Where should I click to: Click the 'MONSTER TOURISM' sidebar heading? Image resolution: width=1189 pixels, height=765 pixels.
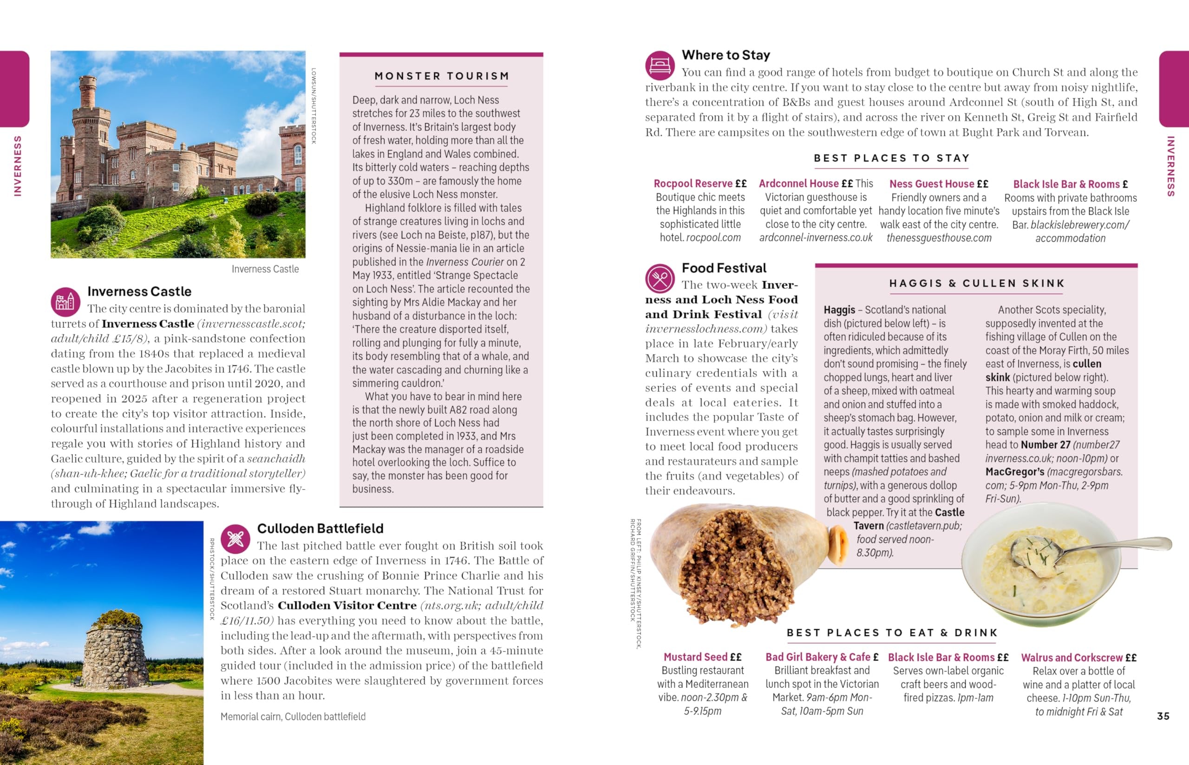[441, 76]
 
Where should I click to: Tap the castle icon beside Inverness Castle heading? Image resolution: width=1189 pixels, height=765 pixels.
[65, 302]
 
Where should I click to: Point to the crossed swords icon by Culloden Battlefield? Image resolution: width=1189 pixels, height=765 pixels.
[235, 539]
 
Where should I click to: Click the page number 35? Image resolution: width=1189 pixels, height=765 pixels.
[1163, 716]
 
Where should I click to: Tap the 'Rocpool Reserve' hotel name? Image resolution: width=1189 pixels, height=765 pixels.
[693, 184]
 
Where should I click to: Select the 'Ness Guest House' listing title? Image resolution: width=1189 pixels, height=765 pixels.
[932, 184]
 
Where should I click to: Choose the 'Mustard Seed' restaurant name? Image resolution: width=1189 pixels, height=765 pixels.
[696, 657]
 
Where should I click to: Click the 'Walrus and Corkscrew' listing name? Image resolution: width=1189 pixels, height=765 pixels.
[1072, 658]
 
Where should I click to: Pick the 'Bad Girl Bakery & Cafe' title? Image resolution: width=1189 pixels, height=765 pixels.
[818, 657]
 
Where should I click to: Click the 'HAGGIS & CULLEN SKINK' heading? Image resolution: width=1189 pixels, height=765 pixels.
[977, 283]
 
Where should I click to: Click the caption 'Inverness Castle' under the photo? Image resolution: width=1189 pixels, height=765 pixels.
[265, 269]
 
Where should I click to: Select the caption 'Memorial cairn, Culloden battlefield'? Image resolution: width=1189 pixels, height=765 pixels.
[293, 716]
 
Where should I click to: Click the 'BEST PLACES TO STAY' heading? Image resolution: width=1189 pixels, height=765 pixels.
[892, 158]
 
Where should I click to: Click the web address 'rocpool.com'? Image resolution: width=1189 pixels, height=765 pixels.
[713, 238]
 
